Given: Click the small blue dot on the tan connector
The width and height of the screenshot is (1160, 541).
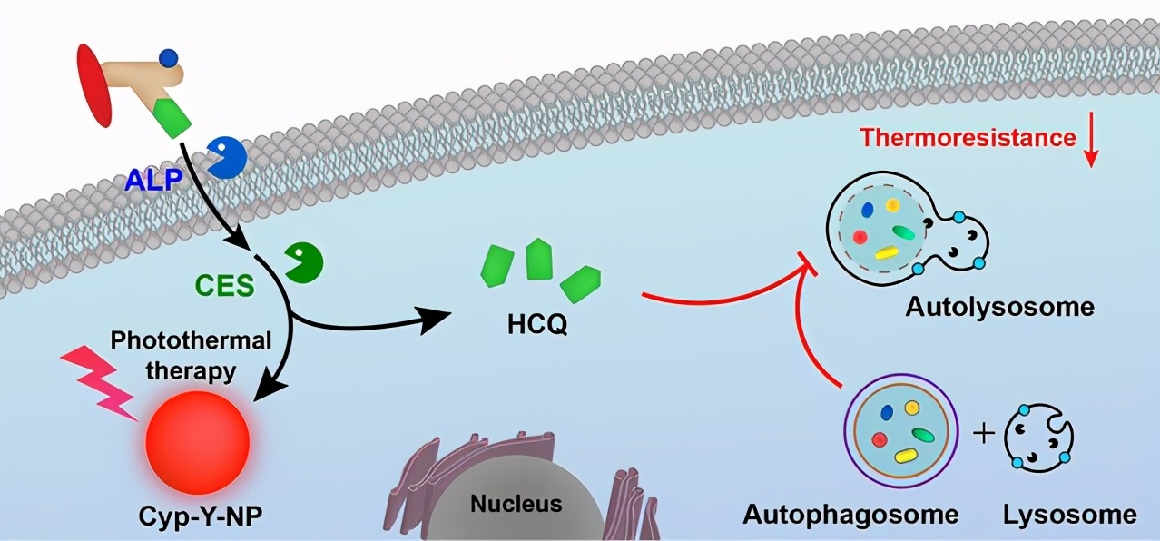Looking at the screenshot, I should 169,59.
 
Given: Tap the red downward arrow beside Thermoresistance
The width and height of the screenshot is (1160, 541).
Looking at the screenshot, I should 1092,144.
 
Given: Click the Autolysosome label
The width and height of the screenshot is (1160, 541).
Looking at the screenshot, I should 999,307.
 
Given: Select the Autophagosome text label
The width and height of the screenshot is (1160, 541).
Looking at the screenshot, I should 850,515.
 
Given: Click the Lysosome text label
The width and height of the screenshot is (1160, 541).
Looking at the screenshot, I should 1069,515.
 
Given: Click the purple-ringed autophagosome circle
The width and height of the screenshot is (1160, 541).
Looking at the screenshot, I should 901,435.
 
